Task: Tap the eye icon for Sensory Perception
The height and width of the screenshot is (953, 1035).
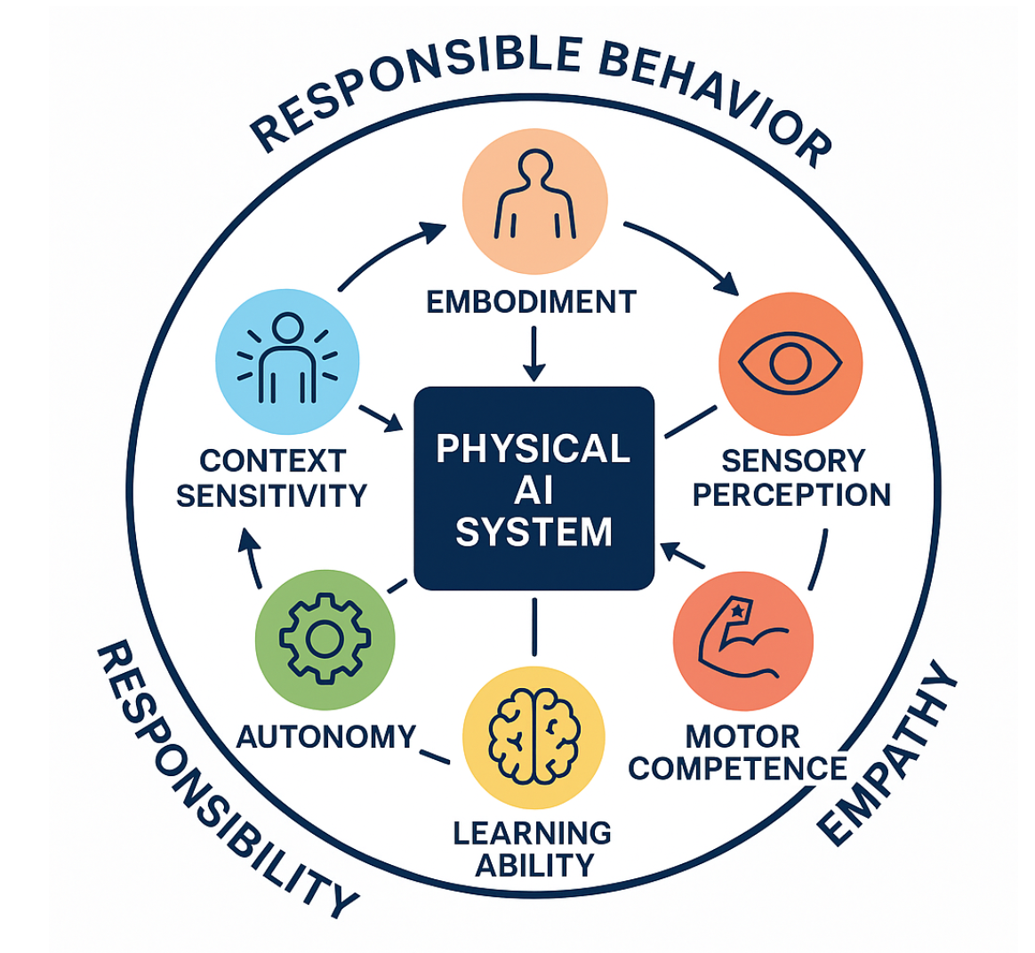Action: click(790, 363)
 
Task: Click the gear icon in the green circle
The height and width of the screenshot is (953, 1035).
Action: click(324, 639)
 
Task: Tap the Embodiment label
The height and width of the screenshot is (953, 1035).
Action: click(531, 302)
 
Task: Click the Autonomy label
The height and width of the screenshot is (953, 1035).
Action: click(326, 736)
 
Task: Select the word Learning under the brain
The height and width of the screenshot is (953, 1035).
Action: click(532, 833)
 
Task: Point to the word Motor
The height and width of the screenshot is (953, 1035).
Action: click(729, 736)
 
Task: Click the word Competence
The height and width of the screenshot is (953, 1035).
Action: click(737, 767)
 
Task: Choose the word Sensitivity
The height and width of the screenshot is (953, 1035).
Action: click(271, 494)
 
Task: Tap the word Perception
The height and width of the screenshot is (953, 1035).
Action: click(791, 494)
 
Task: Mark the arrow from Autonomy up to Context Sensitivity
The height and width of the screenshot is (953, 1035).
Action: click(253, 559)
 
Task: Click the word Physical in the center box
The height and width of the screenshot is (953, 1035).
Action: click(534, 449)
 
